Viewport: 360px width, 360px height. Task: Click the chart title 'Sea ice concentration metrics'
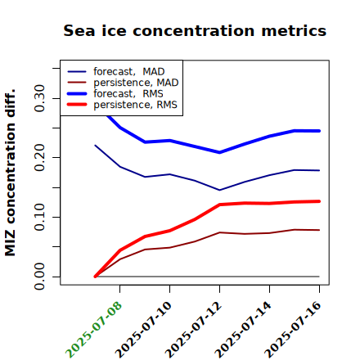(x=195, y=31)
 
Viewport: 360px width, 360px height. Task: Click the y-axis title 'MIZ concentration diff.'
(x=10, y=173)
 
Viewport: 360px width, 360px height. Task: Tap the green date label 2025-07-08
(x=94, y=330)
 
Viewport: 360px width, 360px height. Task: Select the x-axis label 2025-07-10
(x=144, y=330)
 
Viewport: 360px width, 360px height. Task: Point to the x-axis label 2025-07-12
(x=194, y=330)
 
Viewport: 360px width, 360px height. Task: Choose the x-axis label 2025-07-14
(x=244, y=330)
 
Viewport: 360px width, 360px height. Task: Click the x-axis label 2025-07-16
(x=294, y=330)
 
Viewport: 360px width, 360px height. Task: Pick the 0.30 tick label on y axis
(x=39, y=98)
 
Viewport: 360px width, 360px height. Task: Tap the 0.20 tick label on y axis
(x=39, y=158)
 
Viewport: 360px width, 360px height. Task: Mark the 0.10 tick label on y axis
(x=39, y=217)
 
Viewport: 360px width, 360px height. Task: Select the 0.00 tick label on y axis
(x=39, y=277)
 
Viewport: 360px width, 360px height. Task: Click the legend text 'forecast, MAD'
(x=129, y=72)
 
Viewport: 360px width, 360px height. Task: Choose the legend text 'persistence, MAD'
(x=136, y=83)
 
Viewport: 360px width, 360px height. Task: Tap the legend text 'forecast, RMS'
(x=128, y=93)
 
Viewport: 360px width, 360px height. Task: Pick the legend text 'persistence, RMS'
(x=135, y=105)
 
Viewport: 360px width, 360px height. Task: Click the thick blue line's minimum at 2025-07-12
(x=219, y=152)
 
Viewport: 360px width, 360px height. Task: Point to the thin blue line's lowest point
(x=219, y=190)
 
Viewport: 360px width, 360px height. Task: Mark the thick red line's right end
(x=319, y=201)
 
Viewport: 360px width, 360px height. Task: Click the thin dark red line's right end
(x=319, y=230)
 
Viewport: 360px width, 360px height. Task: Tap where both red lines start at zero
(x=95, y=277)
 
